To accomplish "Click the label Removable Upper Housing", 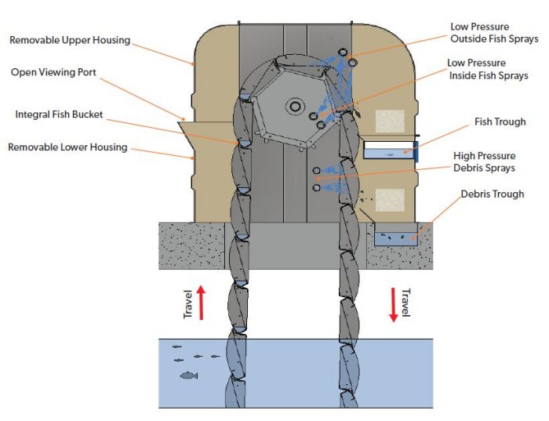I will (68, 40).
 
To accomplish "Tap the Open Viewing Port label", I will (53, 72).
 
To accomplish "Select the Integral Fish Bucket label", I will (59, 114).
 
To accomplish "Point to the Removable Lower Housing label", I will (68, 147).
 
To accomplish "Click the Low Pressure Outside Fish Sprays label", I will (493, 32).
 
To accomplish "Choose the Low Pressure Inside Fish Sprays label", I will (487, 69).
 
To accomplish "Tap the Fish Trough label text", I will (500, 122).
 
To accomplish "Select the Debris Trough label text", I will (492, 194).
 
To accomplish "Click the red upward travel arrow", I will (201, 302).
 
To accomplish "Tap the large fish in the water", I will (188, 376).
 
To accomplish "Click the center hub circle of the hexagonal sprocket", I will (296, 106).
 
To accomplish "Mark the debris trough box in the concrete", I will (396, 234).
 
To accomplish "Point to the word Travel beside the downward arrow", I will (405, 302).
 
